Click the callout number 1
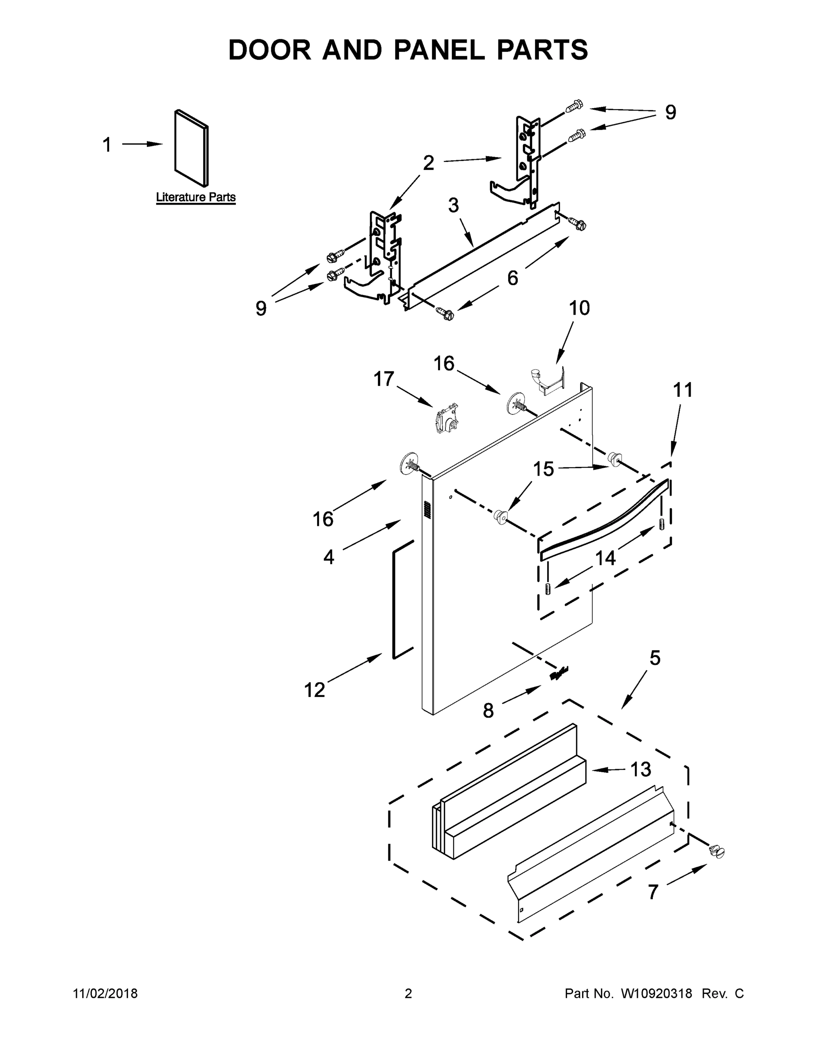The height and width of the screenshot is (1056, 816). tap(107, 145)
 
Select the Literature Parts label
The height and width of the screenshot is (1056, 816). tap(196, 197)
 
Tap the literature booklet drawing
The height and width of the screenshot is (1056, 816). tap(191, 148)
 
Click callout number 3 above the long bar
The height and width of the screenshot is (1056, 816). tap(453, 205)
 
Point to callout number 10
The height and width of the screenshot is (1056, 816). tap(579, 308)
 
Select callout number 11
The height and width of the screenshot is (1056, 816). tap(683, 390)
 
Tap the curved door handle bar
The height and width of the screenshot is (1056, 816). tap(604, 520)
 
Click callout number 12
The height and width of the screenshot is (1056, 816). tap(314, 690)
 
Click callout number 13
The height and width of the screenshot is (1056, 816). tap(641, 769)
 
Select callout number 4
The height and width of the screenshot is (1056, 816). tap(329, 557)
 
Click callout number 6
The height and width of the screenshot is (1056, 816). tap(512, 278)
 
